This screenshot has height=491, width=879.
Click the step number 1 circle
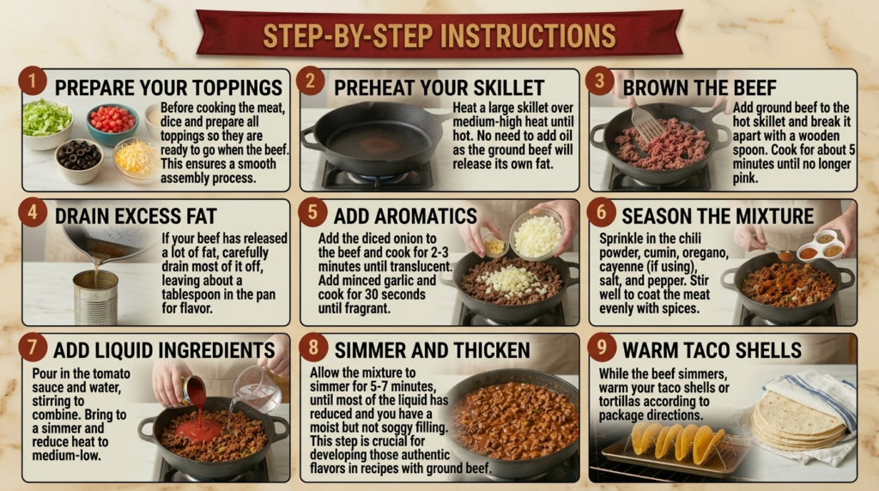32,82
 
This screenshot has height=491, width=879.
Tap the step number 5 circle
312,213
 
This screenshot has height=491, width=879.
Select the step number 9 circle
602,348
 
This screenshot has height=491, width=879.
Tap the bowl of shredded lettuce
47,124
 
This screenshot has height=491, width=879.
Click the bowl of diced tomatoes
112,124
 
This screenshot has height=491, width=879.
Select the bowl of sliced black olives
80,161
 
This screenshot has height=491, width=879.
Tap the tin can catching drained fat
96,297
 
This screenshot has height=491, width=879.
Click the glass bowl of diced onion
537,234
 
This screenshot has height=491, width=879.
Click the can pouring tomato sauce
193,390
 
